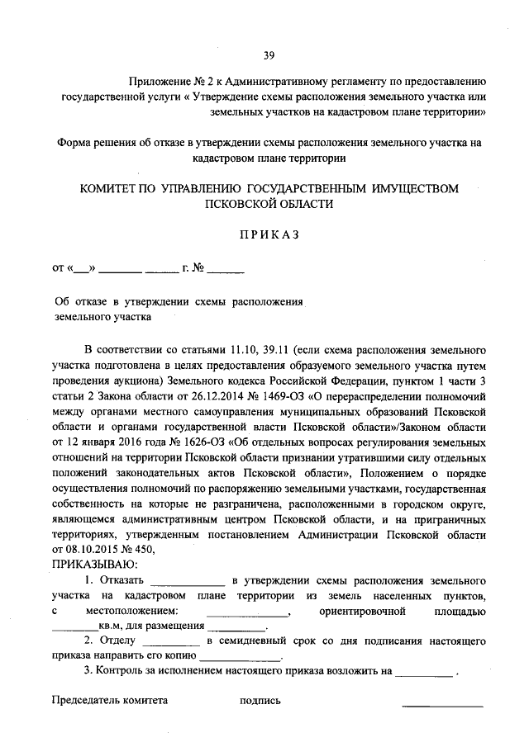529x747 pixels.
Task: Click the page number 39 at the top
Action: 269,55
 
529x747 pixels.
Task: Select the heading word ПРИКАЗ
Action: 268,234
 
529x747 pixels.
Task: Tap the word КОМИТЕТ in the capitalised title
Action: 111,188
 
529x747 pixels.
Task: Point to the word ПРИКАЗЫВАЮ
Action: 89,564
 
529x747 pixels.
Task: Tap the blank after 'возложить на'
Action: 424,672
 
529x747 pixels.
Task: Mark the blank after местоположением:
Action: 246,612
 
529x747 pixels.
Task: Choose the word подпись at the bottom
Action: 260,701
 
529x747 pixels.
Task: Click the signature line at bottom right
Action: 442,704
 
